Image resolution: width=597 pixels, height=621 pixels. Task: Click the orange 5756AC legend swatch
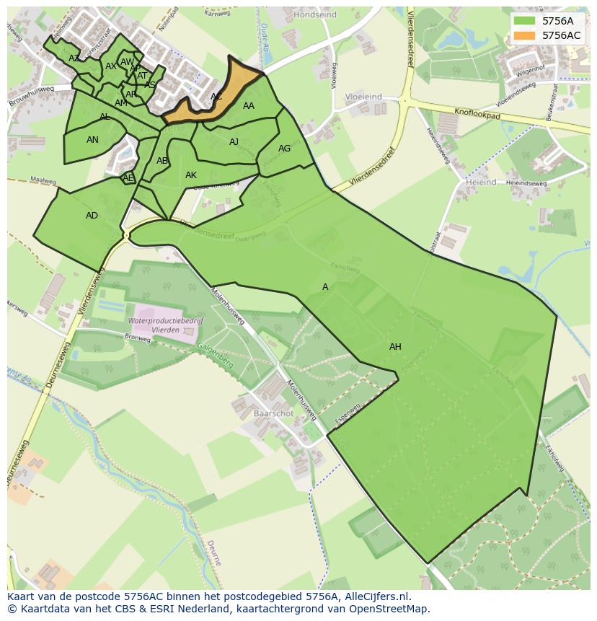tap(525, 35)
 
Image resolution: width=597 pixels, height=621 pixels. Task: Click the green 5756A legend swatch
tap(525, 21)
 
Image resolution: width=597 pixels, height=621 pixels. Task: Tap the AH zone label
tap(395, 347)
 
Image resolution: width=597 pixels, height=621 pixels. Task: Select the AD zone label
tap(92, 216)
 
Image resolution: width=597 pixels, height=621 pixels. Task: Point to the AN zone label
tap(92, 140)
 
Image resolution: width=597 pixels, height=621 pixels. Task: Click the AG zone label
tap(284, 149)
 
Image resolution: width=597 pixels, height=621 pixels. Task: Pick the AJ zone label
tap(234, 142)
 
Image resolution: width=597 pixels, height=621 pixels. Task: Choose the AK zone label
tap(191, 175)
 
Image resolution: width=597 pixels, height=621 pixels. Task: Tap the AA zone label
tap(249, 106)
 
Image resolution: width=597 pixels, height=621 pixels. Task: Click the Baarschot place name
tap(273, 414)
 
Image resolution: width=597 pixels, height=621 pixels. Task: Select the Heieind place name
tap(481, 183)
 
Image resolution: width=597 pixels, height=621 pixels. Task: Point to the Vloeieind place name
tap(363, 96)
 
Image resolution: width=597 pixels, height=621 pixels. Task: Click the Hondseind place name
tap(315, 14)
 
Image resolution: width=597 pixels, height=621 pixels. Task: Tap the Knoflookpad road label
tap(477, 114)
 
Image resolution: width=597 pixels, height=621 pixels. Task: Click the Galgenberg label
tap(215, 356)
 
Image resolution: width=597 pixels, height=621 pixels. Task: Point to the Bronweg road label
tap(138, 337)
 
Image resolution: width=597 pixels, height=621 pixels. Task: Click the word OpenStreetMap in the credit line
tap(389, 609)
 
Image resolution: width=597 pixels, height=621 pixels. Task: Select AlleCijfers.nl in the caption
tap(374, 596)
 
